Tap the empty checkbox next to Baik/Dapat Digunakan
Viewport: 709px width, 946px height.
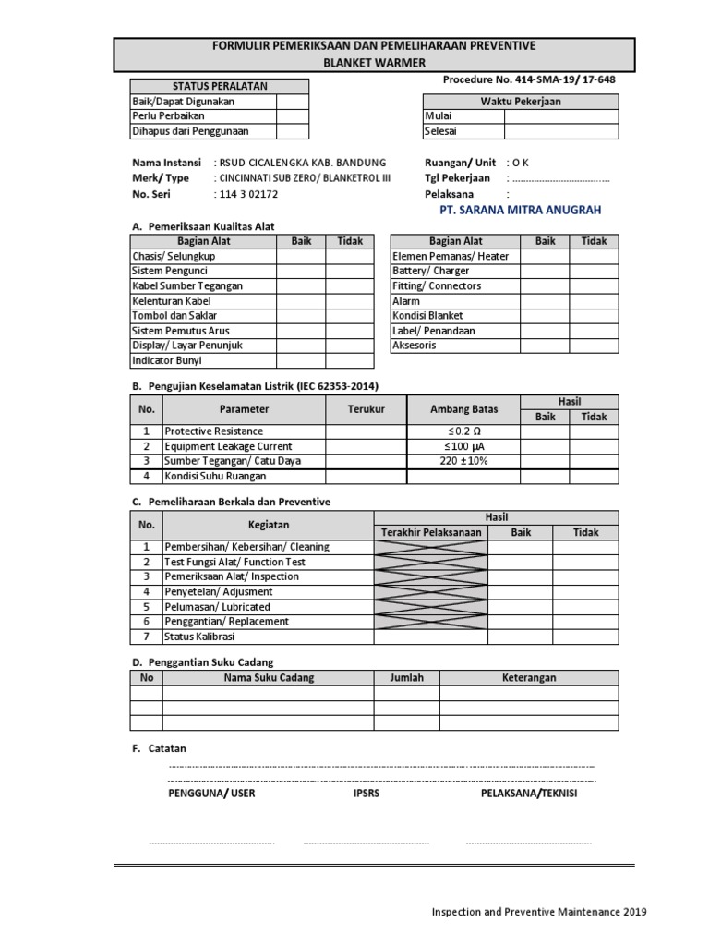tap(291, 101)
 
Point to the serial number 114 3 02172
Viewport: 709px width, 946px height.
tap(248, 195)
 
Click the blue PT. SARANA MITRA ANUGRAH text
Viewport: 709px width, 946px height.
tap(522, 211)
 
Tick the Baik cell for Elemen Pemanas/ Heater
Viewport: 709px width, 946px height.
tap(545, 256)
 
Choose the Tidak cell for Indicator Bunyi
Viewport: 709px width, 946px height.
tap(350, 360)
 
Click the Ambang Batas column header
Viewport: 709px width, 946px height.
tap(463, 409)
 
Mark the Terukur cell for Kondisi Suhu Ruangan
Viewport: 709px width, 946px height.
tap(366, 476)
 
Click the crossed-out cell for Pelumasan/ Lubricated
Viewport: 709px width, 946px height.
tap(430, 607)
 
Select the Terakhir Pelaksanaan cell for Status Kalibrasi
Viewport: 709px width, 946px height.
tap(430, 637)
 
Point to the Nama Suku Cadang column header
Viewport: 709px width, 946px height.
tap(269, 678)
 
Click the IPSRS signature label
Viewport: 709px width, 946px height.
tap(366, 794)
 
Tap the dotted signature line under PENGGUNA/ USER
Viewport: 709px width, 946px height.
tap(211, 842)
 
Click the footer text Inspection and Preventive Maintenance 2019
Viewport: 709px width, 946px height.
tap(539, 912)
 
